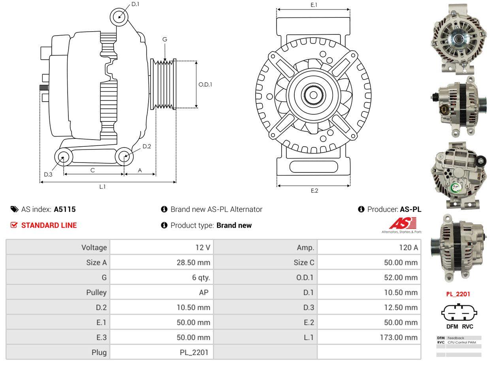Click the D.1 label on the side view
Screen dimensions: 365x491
coord(135,4)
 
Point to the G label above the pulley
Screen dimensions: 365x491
coord(165,39)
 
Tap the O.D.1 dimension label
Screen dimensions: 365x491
coord(205,84)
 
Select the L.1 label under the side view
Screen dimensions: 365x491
coord(102,187)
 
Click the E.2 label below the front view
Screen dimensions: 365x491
coord(314,191)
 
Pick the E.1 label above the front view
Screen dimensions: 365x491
coord(314,5)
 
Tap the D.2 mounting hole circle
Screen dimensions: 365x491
coord(124,157)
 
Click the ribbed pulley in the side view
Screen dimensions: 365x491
coord(163,84)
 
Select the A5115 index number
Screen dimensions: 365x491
coord(65,209)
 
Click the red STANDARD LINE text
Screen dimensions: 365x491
coord(49,225)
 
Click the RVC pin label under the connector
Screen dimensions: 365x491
coord(467,327)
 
